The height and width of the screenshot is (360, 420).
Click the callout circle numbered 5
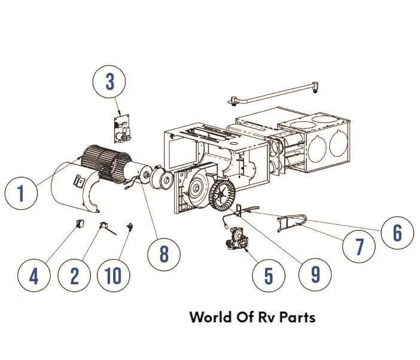click(x=269, y=275)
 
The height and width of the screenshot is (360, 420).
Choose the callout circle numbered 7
click(x=359, y=246)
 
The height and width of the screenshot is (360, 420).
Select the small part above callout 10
click(x=129, y=226)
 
